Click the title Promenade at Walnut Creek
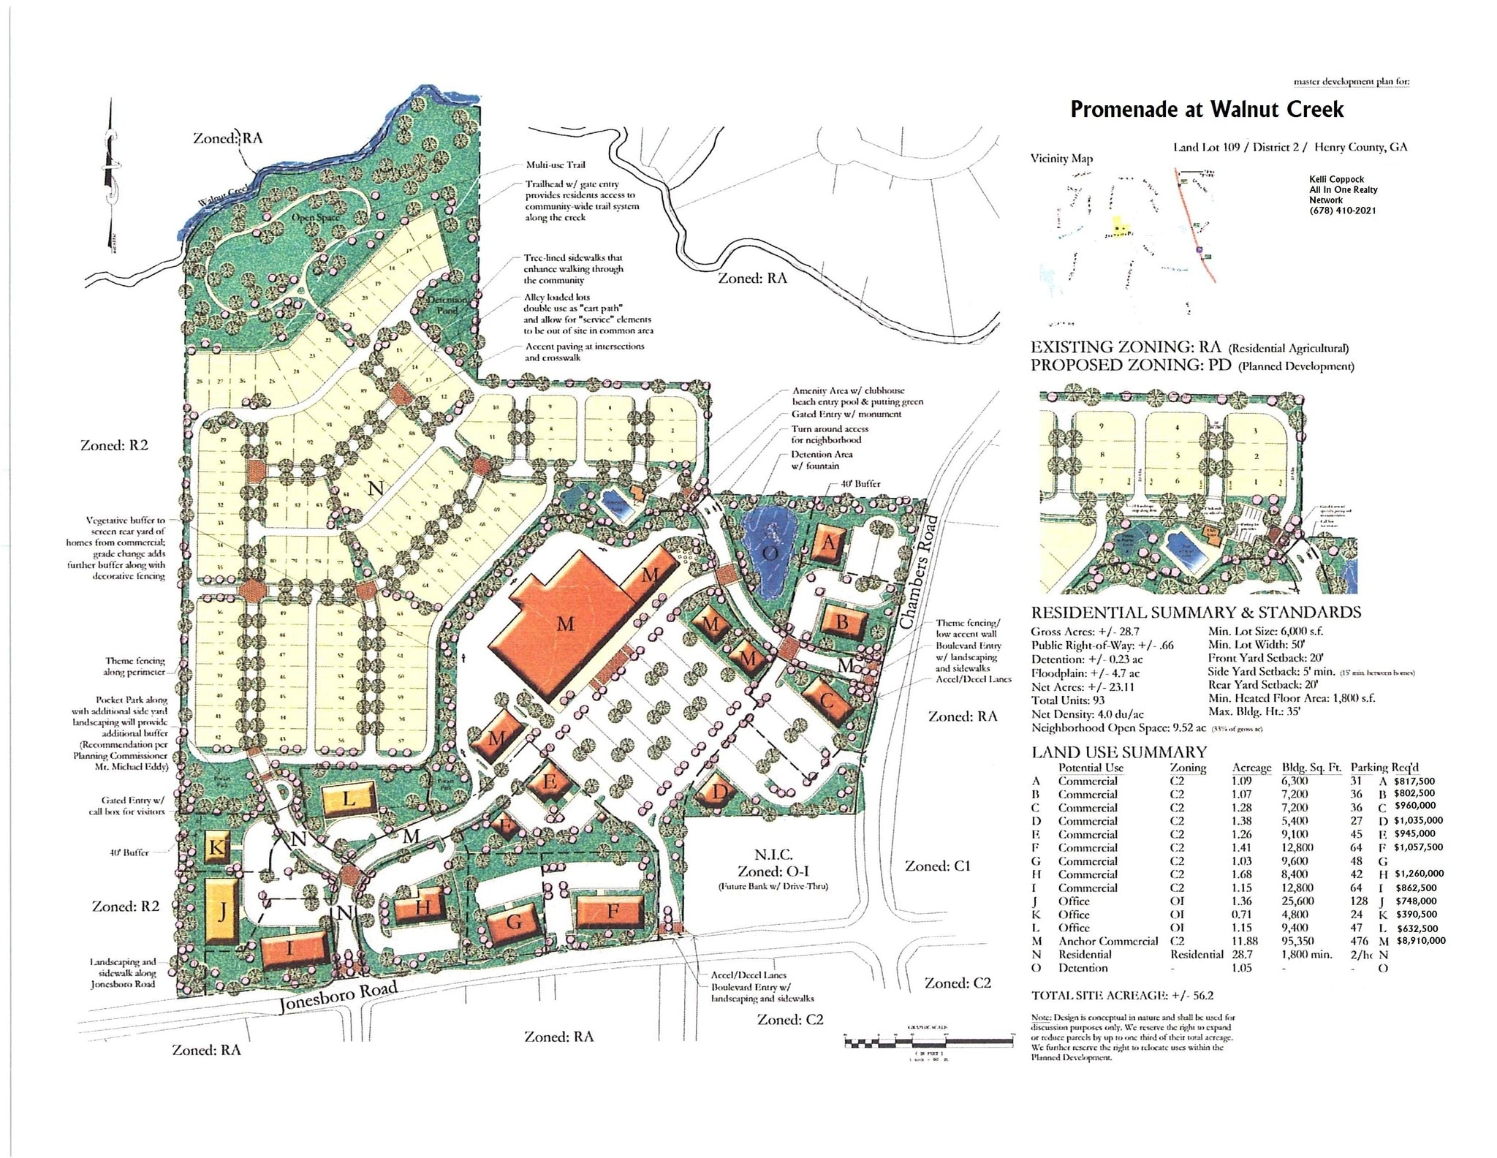1207,110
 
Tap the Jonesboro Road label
339,998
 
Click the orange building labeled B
842,623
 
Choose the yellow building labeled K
216,848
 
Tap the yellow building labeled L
349,798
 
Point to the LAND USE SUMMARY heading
1118,752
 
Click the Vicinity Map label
1062,159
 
